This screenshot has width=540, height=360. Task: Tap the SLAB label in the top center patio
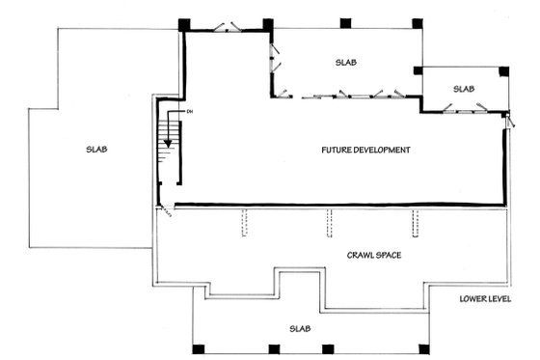pyautogui.click(x=346, y=63)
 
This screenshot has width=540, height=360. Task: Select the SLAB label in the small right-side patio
pyautogui.click(x=464, y=89)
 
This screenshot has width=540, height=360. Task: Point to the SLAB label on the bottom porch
pyautogui.click(x=301, y=329)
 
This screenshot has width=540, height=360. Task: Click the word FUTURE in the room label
pyautogui.click(x=340, y=150)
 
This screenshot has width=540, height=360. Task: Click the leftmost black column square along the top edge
pyautogui.click(x=185, y=22)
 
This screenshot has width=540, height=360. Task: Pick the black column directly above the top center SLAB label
pyautogui.click(x=345, y=22)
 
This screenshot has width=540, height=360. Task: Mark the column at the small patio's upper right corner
pyautogui.click(x=502, y=70)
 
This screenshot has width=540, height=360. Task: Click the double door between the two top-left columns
pyautogui.click(x=227, y=26)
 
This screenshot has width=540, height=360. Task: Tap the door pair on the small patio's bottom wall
pyautogui.click(x=463, y=111)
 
